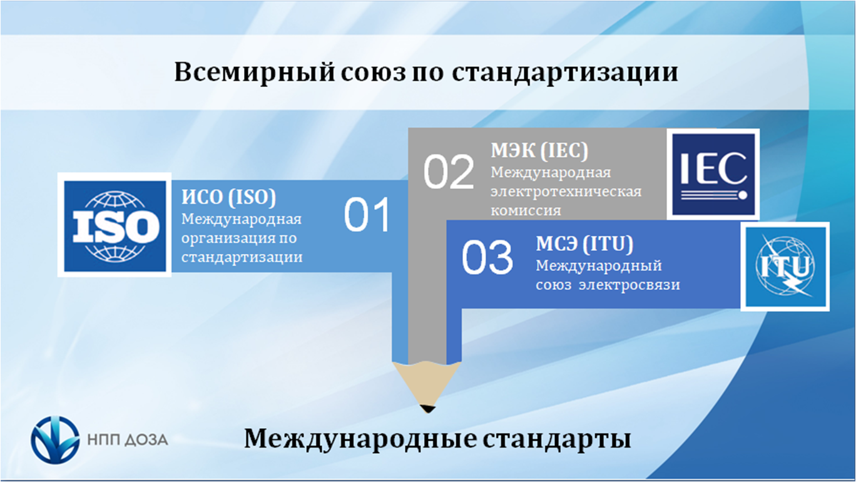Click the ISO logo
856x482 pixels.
click(x=115, y=225)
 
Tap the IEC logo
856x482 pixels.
click(x=713, y=174)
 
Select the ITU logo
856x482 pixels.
click(x=785, y=267)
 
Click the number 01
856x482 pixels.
click(x=367, y=215)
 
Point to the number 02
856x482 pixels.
click(x=449, y=172)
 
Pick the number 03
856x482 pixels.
click(x=487, y=257)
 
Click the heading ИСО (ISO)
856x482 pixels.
click(x=228, y=197)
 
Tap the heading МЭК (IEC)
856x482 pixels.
click(x=539, y=150)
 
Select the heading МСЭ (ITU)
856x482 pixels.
click(x=584, y=244)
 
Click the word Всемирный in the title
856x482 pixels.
click(x=255, y=72)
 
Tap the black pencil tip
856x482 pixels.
click(x=427, y=408)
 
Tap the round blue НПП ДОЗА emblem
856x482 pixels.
click(x=55, y=440)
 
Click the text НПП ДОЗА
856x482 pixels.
click(x=128, y=440)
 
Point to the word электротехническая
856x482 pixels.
click(x=566, y=191)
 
